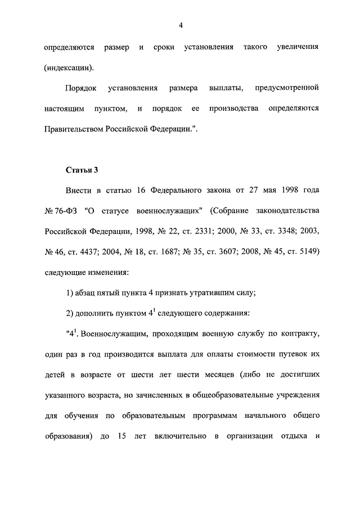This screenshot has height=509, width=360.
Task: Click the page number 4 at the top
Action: [180, 25]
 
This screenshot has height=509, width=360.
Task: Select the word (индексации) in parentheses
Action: [70, 68]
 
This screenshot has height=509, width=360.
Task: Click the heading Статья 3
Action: [82, 169]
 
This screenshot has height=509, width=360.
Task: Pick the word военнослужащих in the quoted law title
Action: [161, 210]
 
